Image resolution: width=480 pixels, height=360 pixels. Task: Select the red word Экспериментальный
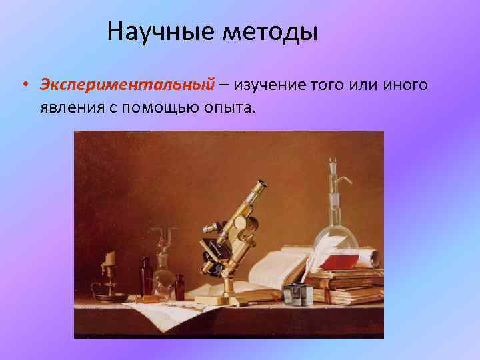click(x=127, y=85)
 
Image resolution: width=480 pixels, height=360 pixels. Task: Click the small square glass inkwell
click(x=293, y=294)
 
